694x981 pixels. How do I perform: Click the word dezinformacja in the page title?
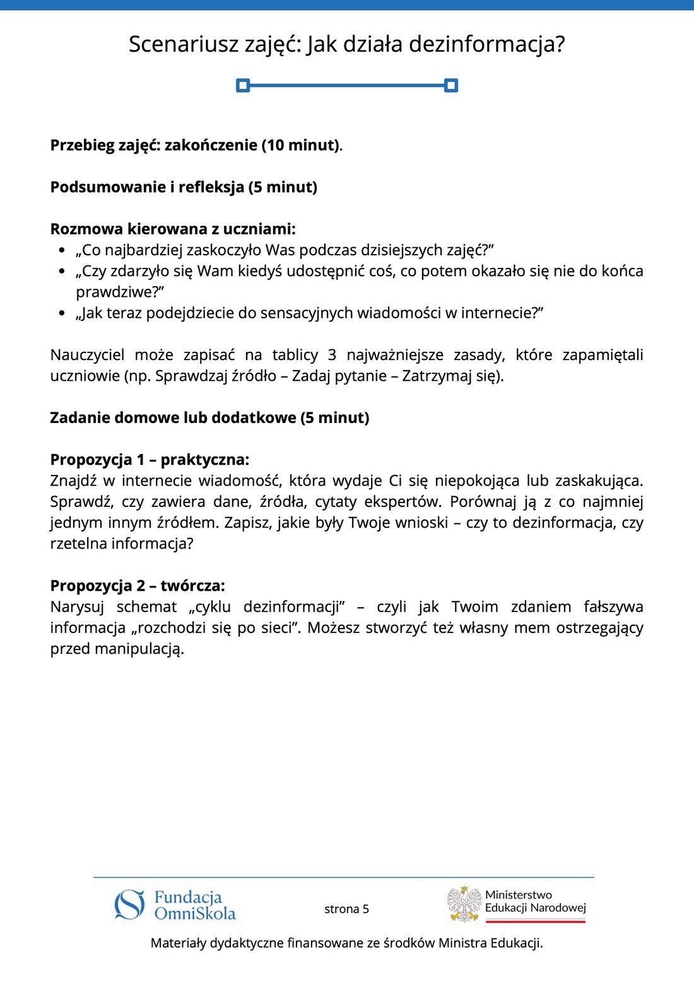pos(486,45)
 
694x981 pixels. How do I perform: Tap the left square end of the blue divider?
pos(243,85)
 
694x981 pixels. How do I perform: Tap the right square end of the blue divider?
pos(450,85)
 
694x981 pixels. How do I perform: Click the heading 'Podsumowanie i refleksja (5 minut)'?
pos(184,187)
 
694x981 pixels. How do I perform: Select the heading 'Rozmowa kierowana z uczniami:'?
pos(173,229)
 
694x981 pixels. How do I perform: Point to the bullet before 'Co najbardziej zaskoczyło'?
pos(61,250)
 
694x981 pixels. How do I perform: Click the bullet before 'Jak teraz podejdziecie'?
pos(61,313)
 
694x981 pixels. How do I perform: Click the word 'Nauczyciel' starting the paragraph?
pos(87,355)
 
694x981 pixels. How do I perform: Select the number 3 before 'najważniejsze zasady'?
pos(332,355)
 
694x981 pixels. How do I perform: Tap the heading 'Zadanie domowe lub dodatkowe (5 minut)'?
pos(209,418)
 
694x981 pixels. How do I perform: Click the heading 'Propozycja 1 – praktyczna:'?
pos(150,460)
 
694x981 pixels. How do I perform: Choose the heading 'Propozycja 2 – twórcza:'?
pos(138,586)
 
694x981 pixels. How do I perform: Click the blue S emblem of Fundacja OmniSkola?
pos(130,905)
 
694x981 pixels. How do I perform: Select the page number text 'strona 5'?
pos(346,909)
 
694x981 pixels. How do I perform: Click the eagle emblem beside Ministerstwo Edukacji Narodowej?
pos(464,904)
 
